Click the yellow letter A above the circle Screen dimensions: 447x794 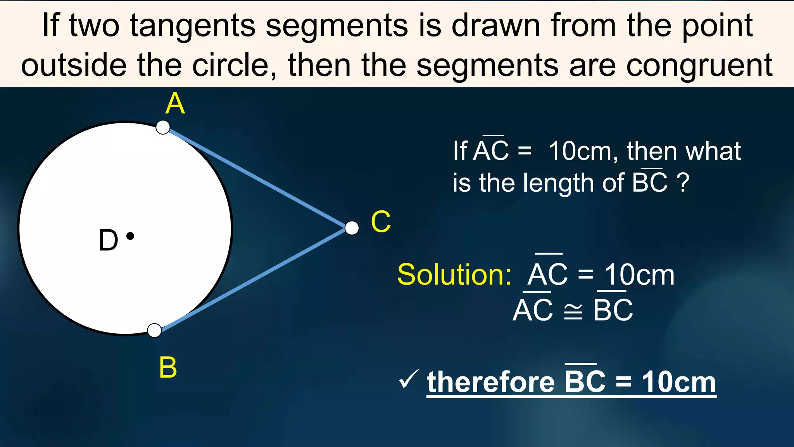coord(175,104)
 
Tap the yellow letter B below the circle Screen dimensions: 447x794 coord(168,367)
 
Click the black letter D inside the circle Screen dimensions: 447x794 coord(108,240)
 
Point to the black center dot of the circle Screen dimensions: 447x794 coord(131,236)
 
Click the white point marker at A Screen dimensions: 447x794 coord(163,127)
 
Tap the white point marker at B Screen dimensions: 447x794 coord(155,331)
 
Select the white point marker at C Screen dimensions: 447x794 coord(352,228)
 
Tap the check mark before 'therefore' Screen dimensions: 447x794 coord(408,379)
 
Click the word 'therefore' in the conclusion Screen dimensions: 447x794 coord(491,382)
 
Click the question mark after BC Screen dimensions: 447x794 coord(683,183)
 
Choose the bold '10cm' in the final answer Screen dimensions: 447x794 coord(678,382)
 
